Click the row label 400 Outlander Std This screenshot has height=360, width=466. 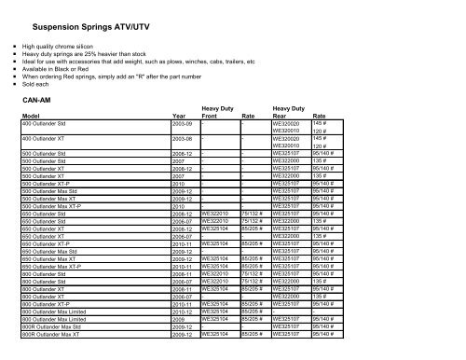coord(52,123)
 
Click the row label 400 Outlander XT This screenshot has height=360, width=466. coord(50,138)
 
